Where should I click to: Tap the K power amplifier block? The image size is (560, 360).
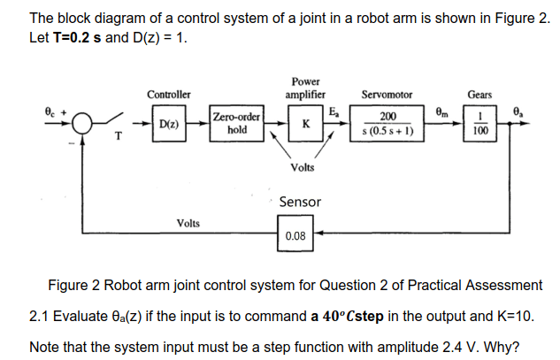tap(305, 123)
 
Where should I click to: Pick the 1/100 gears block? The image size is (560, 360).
tap(479, 123)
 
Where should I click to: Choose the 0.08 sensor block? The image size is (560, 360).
tap(295, 235)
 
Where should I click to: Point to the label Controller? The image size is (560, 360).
tap(168, 94)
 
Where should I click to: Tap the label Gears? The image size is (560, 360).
tap(479, 94)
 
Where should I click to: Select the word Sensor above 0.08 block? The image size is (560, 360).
tap(300, 203)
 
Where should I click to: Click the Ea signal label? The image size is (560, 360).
tap(336, 111)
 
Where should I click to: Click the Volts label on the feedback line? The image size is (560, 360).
tap(188, 223)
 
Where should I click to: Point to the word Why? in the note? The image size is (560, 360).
tap(502, 345)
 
